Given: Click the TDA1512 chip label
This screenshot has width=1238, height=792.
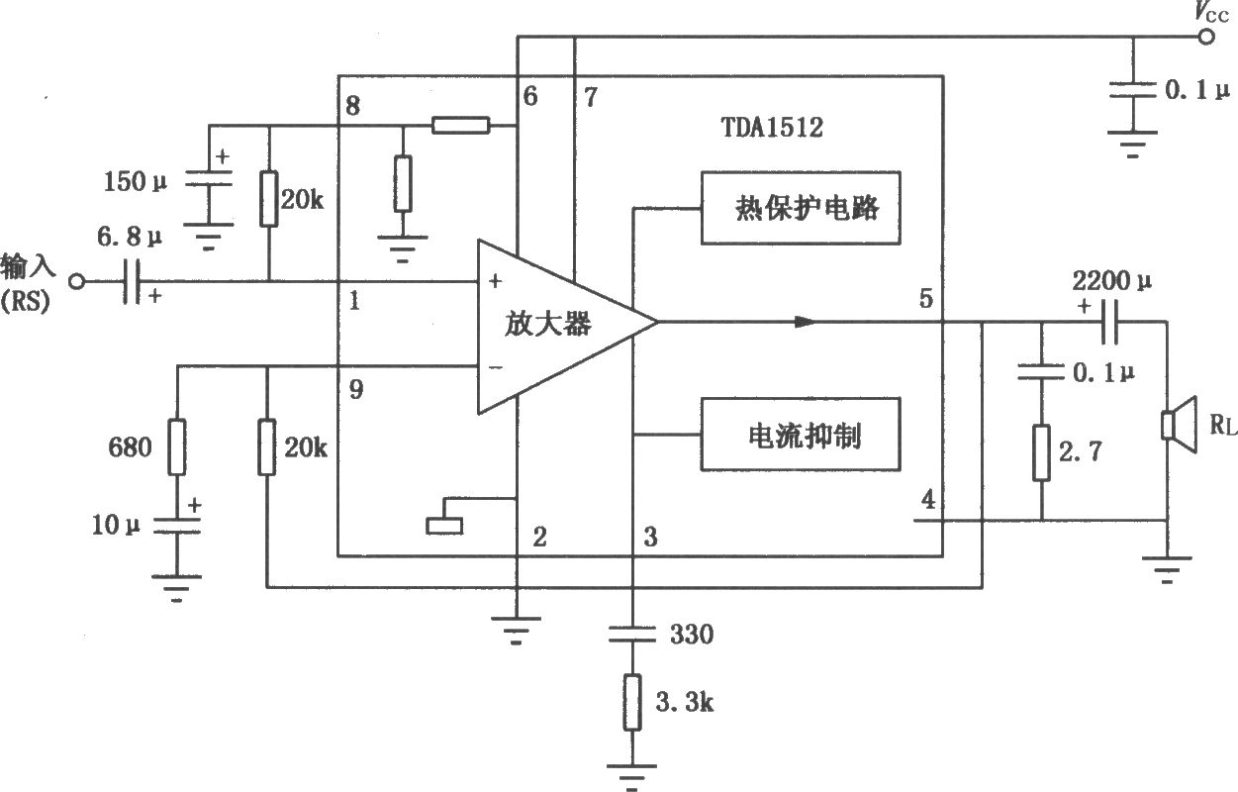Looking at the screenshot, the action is coord(772,127).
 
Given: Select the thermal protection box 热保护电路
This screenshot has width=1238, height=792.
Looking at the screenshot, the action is coord(801,208).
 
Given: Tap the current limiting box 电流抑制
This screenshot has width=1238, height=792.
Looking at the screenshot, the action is coord(801,435).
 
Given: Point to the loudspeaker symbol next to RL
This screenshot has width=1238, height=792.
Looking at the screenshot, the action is coord(1179,425).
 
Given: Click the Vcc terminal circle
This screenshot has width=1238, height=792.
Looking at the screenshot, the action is coord(1206,37).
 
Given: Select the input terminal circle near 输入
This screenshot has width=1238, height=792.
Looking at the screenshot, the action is coord(77,281).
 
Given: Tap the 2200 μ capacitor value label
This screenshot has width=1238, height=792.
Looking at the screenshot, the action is coord(1112,281).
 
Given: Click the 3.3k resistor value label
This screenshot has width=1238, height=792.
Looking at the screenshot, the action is coord(684,702).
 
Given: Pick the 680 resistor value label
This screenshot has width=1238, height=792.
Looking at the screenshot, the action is coord(130,446).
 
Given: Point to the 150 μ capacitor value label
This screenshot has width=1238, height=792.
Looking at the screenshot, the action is coord(136,181).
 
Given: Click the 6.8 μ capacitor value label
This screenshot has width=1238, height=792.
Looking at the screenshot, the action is coord(130,237).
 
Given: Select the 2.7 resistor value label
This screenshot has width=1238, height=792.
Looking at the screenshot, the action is coord(1081,451).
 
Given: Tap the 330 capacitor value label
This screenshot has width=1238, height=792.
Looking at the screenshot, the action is coord(692,634).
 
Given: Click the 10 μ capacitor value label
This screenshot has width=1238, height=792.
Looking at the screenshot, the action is coord(116,525).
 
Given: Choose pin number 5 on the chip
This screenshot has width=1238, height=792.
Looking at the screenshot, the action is coord(926,299).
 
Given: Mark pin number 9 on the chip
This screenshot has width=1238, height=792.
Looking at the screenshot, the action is coord(356,389).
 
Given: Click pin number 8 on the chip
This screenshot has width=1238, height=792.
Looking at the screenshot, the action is coord(352,105).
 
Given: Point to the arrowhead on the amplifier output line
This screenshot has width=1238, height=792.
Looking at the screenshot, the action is coord(806,322).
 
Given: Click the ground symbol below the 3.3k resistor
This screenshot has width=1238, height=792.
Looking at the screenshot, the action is coord(631,774).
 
